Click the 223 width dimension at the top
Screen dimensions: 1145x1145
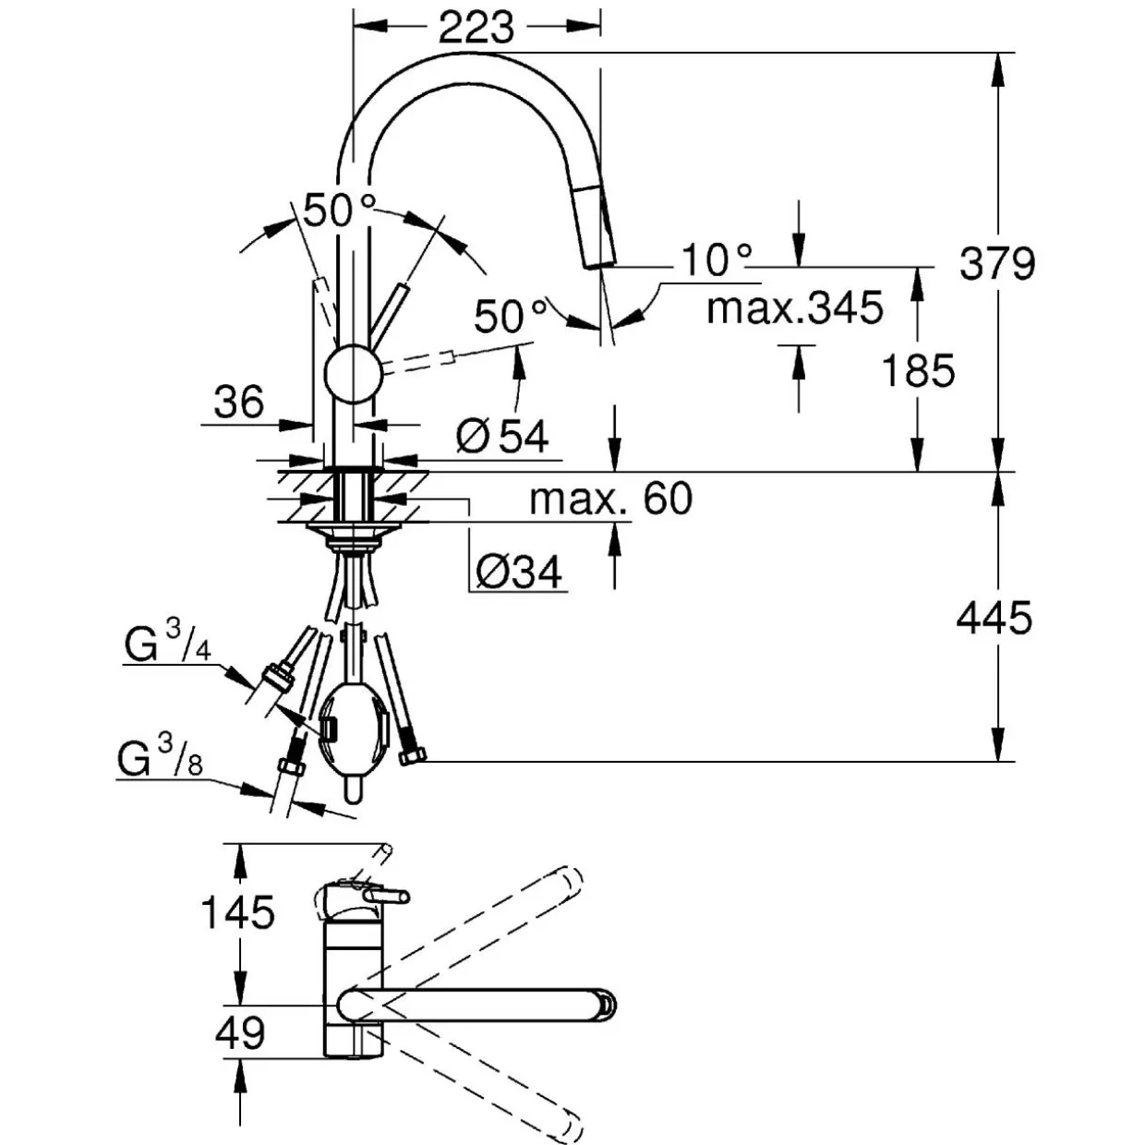(476, 28)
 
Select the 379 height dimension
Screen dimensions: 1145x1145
(997, 263)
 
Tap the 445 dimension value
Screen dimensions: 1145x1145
(994, 617)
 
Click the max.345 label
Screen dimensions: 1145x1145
(795, 307)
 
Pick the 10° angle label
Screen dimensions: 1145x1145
(716, 259)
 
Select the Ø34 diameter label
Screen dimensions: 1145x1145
(519, 572)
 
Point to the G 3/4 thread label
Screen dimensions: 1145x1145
(167, 645)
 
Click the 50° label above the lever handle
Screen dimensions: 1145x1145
(340, 210)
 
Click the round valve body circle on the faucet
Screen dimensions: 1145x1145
(353, 374)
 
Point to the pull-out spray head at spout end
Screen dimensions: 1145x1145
(597, 227)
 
